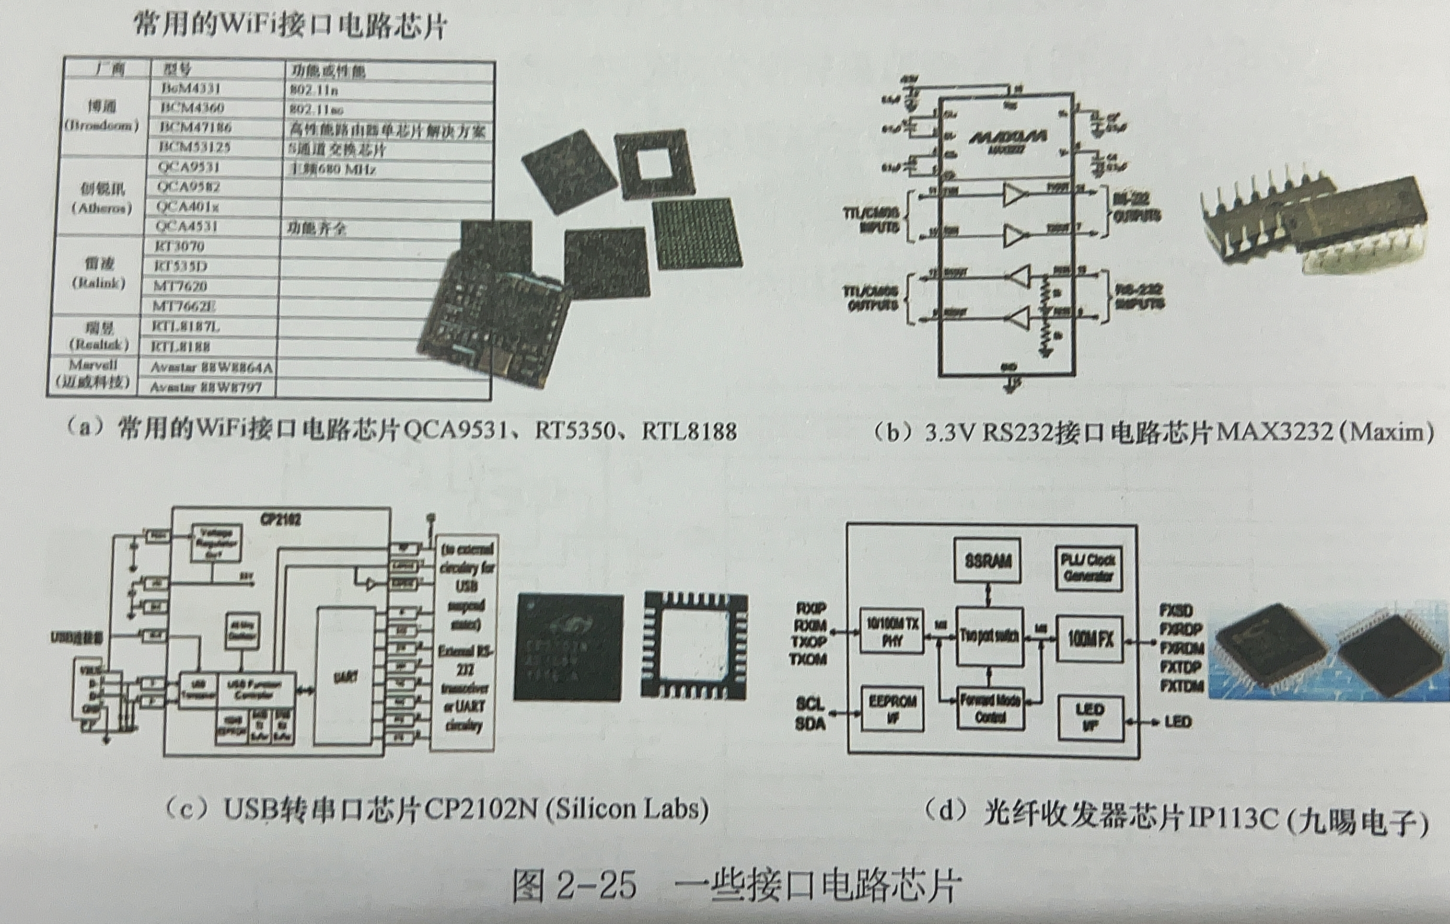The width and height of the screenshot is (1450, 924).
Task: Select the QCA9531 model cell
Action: (189, 167)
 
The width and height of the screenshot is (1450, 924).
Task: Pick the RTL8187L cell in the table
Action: (185, 327)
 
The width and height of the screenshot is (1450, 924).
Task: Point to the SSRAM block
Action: (988, 561)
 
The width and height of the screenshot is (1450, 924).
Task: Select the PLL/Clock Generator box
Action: (1088, 568)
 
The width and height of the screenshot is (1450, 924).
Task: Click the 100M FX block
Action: (1090, 640)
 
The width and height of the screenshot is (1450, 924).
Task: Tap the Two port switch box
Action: (989, 636)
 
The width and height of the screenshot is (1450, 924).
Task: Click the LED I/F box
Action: (1090, 717)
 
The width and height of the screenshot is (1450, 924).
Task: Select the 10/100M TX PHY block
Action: (891, 632)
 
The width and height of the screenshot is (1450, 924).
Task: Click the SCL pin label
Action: (810, 703)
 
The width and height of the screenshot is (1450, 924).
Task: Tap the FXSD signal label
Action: (1176, 611)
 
